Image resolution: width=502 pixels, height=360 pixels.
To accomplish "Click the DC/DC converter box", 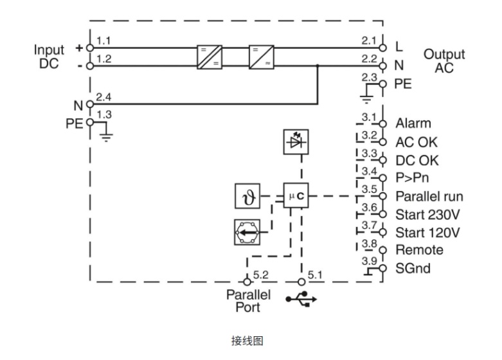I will [x=210, y=57].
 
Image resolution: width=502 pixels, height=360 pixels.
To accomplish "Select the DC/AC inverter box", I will [x=262, y=57].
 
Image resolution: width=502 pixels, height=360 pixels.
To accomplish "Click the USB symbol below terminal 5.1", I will [x=301, y=299].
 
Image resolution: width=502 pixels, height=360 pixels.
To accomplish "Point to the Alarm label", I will [x=413, y=123].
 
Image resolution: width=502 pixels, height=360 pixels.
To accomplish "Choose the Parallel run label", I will [x=429, y=195].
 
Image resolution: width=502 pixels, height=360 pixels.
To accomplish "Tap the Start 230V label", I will [x=426, y=213].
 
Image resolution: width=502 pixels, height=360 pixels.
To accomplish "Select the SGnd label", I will [x=413, y=268].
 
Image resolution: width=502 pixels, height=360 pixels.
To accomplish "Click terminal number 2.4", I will [x=103, y=97].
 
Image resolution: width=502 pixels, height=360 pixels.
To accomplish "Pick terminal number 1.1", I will [x=103, y=41].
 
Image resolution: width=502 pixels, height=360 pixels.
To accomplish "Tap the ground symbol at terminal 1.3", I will [x=106, y=136].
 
